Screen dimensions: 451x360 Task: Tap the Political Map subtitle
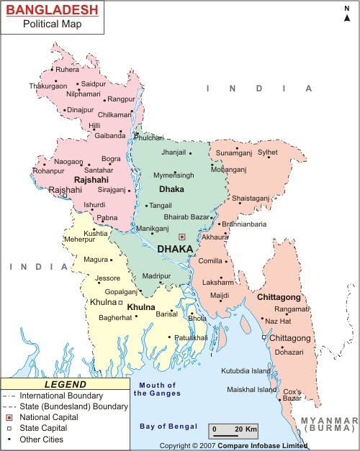pyautogui.click(x=52, y=24)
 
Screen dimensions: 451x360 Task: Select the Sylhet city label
pyautogui.click(x=268, y=152)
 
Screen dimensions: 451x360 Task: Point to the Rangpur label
pyautogui.click(x=122, y=99)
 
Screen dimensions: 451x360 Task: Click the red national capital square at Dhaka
pyautogui.click(x=182, y=236)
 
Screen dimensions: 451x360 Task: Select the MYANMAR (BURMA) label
pyautogui.click(x=330, y=423)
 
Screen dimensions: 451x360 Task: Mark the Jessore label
pyautogui.click(x=108, y=278)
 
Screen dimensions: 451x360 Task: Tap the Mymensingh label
pyautogui.click(x=174, y=176)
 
